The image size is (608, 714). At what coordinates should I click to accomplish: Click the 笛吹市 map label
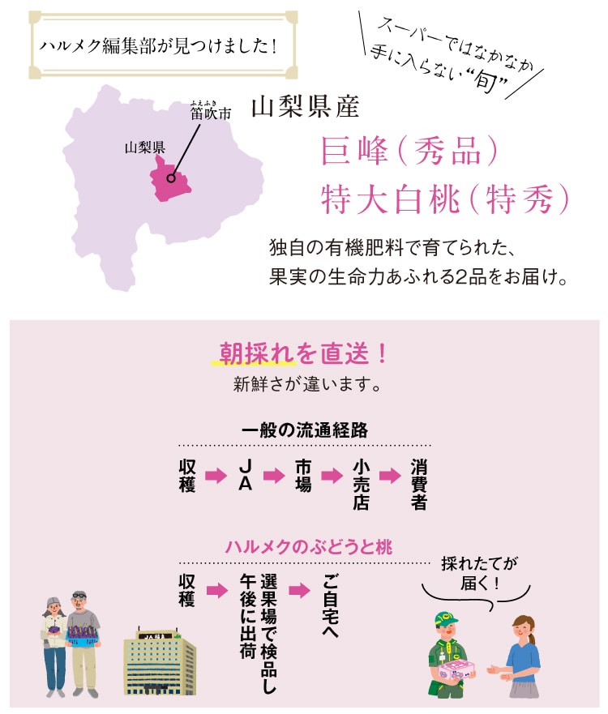coord(211,113)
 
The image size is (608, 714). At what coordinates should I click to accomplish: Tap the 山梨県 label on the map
coord(145,147)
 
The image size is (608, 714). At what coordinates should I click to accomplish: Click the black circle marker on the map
coord(171,178)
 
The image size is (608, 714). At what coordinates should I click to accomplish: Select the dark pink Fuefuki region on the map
coord(169,180)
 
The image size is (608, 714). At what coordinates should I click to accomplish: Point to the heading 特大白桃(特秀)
coord(445,199)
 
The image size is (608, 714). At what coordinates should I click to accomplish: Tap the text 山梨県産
coord(305,106)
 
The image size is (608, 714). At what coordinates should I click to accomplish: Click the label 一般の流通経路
coord(305,430)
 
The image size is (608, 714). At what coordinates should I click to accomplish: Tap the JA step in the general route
coord(245,475)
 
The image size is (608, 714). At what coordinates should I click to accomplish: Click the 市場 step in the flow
coord(303,476)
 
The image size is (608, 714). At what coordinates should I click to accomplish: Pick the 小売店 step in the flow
coord(361,485)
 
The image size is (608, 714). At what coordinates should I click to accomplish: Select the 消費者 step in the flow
coord(418,485)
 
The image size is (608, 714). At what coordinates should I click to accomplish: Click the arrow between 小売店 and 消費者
coord(390,476)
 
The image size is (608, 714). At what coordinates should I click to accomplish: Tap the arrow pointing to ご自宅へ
coord(299,591)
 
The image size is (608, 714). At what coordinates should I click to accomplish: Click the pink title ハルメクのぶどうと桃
coord(308,546)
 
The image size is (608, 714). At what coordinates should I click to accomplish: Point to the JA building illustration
coord(160,661)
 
